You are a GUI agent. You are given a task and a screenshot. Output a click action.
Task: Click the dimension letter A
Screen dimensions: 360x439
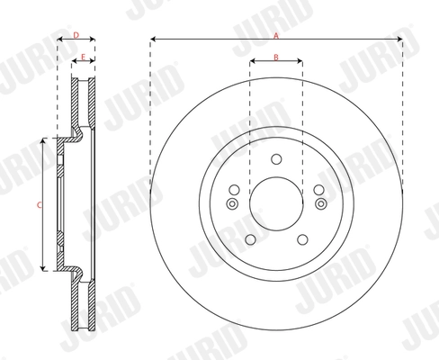point(275,33)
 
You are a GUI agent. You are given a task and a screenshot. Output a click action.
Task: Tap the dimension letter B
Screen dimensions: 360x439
point(276,57)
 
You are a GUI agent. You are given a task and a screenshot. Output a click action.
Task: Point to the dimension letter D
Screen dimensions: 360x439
point(76,34)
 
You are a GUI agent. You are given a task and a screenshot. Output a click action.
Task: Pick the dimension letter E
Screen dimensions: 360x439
point(83,57)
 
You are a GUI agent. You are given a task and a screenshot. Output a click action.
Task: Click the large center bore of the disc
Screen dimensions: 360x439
point(275,204)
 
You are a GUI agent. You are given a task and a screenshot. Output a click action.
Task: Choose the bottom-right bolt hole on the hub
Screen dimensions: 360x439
point(303,240)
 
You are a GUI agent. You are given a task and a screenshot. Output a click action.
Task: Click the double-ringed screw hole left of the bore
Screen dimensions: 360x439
point(231,204)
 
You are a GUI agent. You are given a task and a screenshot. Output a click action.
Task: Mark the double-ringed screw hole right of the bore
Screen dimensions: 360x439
point(320,204)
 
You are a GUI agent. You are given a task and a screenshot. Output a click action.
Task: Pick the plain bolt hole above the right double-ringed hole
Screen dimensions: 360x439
point(319,190)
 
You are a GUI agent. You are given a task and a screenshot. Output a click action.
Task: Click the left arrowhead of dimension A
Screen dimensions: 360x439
point(153,40)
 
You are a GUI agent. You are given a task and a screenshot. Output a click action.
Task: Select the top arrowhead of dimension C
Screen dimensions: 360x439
point(43,142)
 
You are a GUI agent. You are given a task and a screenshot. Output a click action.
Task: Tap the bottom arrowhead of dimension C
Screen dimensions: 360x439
point(43,268)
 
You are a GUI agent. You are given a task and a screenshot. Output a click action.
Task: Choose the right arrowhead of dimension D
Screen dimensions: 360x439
point(93,40)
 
